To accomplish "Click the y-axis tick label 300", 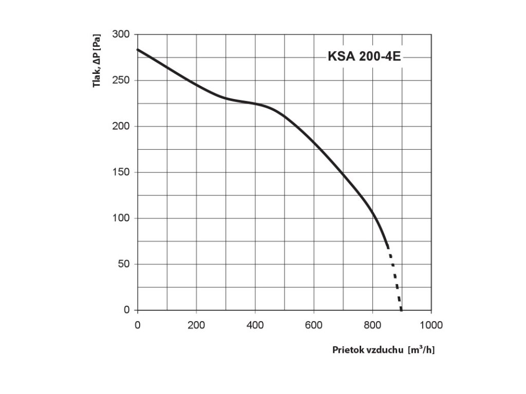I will pyautogui.click(x=121, y=34).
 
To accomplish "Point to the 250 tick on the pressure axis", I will pyautogui.click(x=121, y=81).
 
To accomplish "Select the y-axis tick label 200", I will pyautogui.click(x=121, y=126).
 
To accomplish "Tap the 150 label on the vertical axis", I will pyautogui.click(x=121, y=172).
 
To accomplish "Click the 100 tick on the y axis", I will pyautogui.click(x=121, y=218).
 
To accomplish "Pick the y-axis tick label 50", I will pyautogui.click(x=124, y=264).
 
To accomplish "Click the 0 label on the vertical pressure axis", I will pyautogui.click(x=126, y=310).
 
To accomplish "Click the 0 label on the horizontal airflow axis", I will pyautogui.click(x=137, y=325).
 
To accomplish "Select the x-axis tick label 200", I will pyautogui.click(x=196, y=325).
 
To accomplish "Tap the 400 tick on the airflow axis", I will pyautogui.click(x=255, y=325).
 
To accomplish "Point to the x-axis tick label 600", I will pyautogui.click(x=313, y=325).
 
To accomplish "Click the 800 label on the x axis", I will pyautogui.click(x=372, y=325).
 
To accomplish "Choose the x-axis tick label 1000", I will pyautogui.click(x=431, y=325).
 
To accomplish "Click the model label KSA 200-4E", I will pyautogui.click(x=364, y=57).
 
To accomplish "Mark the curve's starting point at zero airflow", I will pyautogui.click(x=138, y=50).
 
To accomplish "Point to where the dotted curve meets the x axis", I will pyautogui.click(x=401, y=310).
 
